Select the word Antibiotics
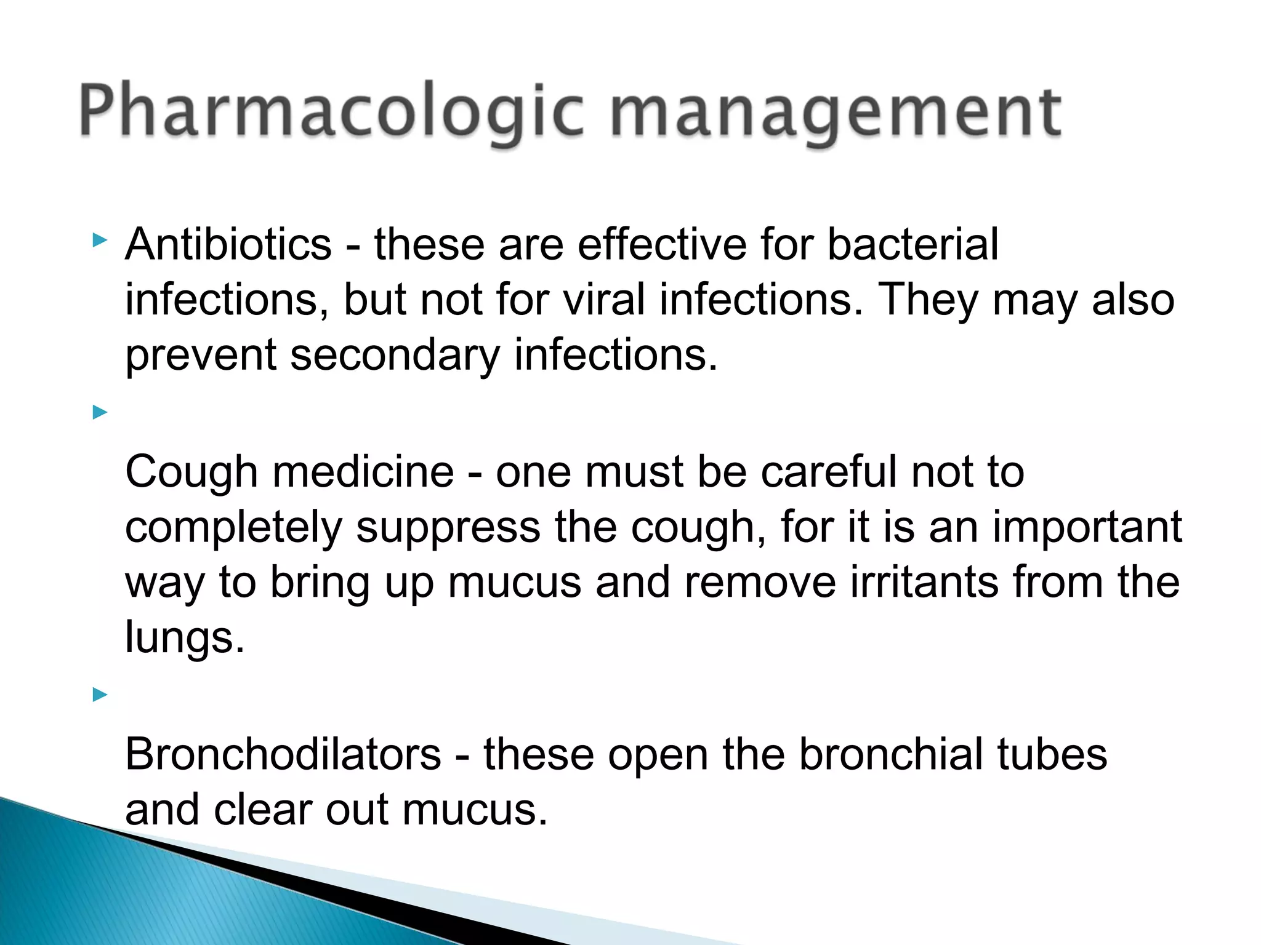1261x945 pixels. pos(228,244)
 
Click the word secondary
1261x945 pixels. pos(395,355)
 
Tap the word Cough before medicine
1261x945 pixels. pos(191,472)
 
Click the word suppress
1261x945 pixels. pos(448,527)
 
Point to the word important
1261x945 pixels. pos(1087,527)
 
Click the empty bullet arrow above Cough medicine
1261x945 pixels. pos(100,412)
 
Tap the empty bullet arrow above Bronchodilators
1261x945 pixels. pos(100,695)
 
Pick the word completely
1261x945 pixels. pos(233,527)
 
